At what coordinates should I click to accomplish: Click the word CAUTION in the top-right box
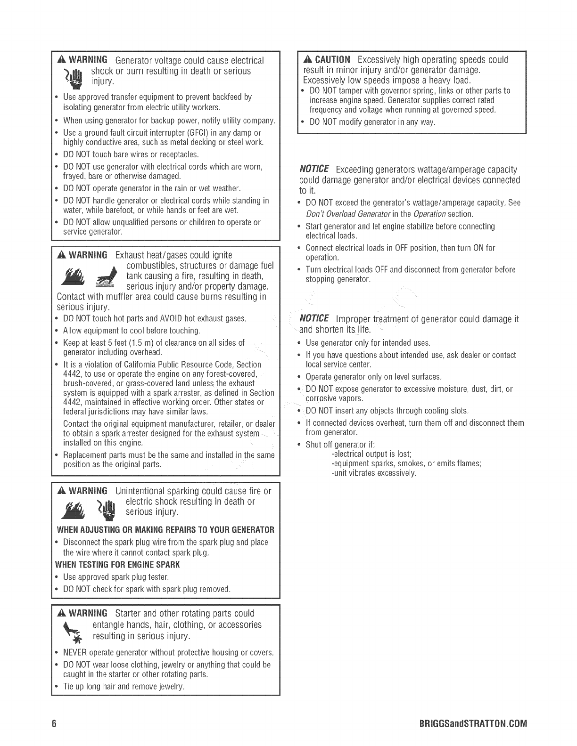[332, 60]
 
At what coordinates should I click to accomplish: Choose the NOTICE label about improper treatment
[314, 319]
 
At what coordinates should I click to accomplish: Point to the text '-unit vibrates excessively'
[374, 473]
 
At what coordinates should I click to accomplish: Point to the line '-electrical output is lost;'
[371, 454]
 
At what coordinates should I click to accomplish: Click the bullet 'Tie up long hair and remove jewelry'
[124, 686]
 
